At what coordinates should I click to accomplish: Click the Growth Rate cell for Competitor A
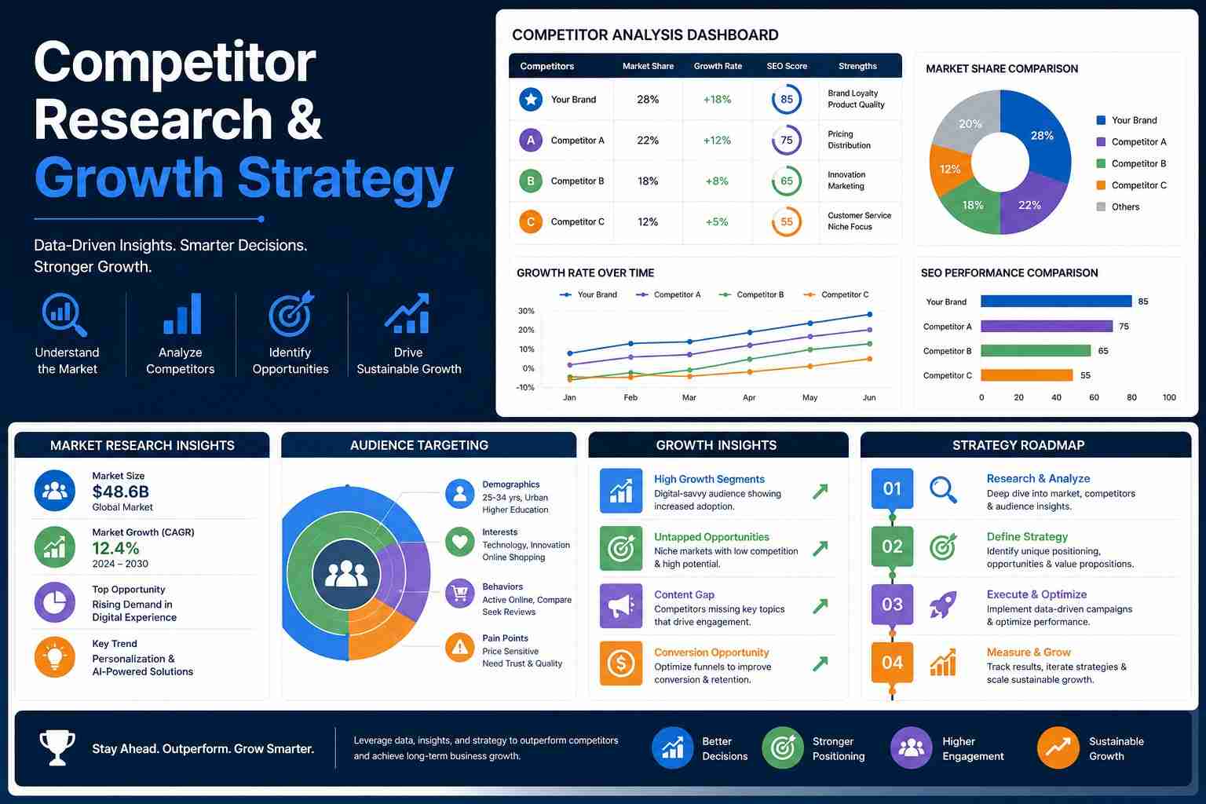pyautogui.click(x=717, y=140)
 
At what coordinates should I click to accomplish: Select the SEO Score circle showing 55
pyautogui.click(x=787, y=221)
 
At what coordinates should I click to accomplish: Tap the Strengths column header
pyautogui.click(x=857, y=66)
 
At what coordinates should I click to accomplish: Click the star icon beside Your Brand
pyautogui.click(x=530, y=99)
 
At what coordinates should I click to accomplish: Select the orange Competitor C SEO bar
pyautogui.click(x=1026, y=375)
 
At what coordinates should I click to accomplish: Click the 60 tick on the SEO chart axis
pyautogui.click(x=1094, y=397)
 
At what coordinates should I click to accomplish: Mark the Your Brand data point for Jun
pyautogui.click(x=869, y=315)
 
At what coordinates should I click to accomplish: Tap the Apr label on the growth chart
pyautogui.click(x=749, y=397)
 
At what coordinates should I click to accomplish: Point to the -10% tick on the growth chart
pyautogui.click(x=525, y=387)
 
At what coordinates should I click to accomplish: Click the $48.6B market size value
pyautogui.click(x=121, y=492)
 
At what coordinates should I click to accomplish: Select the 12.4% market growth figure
pyautogui.click(x=115, y=548)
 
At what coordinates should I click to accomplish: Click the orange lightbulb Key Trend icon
pyautogui.click(x=54, y=657)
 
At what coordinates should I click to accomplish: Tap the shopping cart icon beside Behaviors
pyautogui.click(x=459, y=594)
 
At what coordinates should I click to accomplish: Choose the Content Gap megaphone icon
pyautogui.click(x=621, y=606)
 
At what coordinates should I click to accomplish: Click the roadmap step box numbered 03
pyautogui.click(x=892, y=605)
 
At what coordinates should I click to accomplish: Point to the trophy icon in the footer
pyautogui.click(x=57, y=747)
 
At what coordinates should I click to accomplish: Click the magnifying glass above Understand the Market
pyautogui.click(x=64, y=315)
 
